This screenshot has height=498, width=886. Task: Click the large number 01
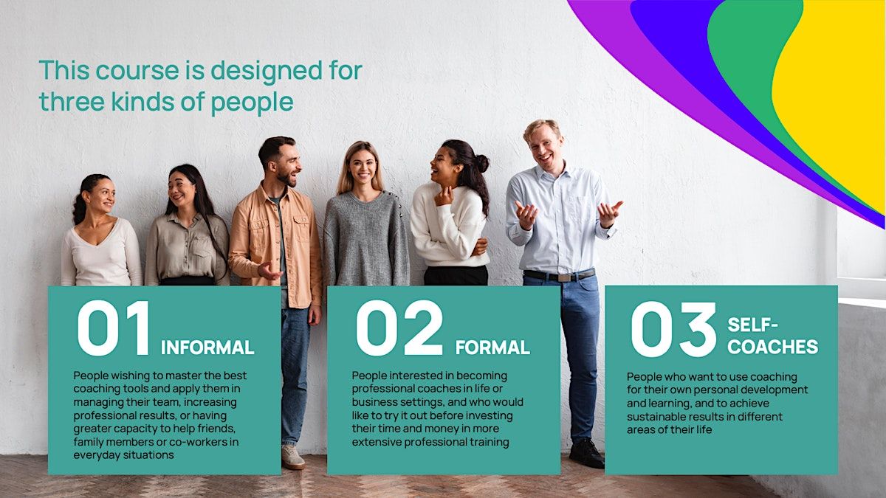coord(114,328)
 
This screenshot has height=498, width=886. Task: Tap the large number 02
coord(399,328)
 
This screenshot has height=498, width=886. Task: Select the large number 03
coord(673,329)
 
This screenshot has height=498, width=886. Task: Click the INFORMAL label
coord(207,347)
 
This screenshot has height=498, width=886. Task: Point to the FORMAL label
coord(492,347)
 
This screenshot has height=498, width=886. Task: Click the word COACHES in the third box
coord(772,347)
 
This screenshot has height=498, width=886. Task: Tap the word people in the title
coord(252,103)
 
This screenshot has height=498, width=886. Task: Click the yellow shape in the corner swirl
coord(834,87)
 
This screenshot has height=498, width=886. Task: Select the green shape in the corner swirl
coord(744,59)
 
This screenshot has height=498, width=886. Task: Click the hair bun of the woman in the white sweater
coord(481,163)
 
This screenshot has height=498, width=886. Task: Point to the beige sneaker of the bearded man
coord(293,457)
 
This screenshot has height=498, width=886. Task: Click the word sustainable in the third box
coord(656,417)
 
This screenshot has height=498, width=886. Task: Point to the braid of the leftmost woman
coord(79,207)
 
